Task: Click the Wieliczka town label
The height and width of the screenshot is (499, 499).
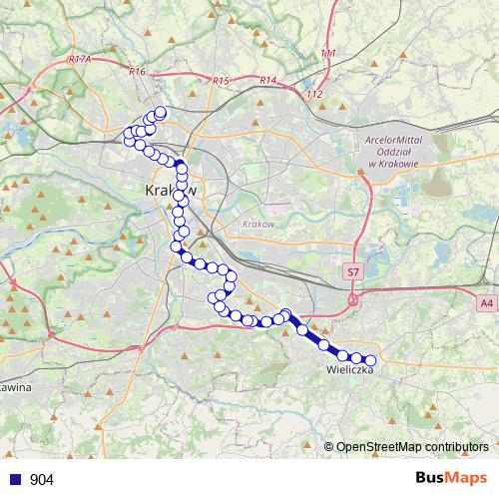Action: (x=349, y=369)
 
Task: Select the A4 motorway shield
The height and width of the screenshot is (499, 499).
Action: (x=485, y=301)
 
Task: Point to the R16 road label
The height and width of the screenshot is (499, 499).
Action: (x=138, y=71)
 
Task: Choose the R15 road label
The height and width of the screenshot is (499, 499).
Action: (x=221, y=81)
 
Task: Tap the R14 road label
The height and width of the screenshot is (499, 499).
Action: (x=266, y=80)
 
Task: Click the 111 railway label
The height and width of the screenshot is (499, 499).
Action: (x=328, y=53)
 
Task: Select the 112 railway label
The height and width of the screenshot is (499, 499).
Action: (x=315, y=94)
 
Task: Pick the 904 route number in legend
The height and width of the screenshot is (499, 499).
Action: (x=42, y=479)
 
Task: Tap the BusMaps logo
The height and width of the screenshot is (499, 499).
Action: (x=451, y=478)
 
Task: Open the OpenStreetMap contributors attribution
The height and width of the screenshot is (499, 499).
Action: (x=411, y=446)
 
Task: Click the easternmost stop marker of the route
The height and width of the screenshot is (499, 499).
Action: (x=371, y=360)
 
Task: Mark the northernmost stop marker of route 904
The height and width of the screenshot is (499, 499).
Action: (x=160, y=112)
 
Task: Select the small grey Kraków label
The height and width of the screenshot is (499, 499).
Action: (x=257, y=224)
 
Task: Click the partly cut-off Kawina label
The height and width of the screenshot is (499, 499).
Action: (x=15, y=386)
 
